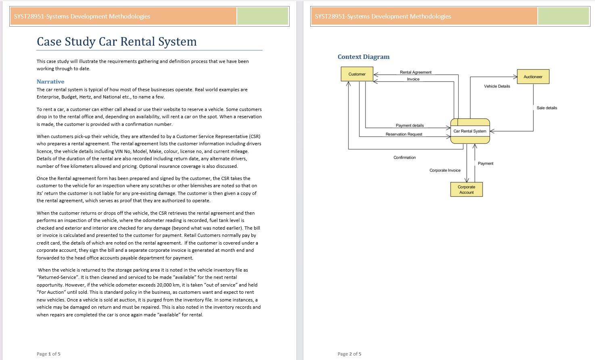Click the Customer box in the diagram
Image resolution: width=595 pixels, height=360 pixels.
pyautogui.click(x=357, y=74)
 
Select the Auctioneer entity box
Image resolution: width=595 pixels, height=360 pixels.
pyautogui.click(x=533, y=77)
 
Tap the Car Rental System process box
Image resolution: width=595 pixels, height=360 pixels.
pyautogui.click(x=470, y=131)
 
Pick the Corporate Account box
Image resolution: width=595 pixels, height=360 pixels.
pyautogui.click(x=466, y=190)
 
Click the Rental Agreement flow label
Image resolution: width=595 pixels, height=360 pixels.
pyautogui.click(x=415, y=72)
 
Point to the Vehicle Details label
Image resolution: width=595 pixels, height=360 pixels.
pyautogui.click(x=497, y=86)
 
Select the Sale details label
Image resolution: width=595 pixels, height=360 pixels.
pyautogui.click(x=547, y=108)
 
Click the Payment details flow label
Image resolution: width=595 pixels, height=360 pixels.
pyautogui.click(x=409, y=126)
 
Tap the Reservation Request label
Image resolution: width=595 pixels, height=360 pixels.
pyautogui.click(x=404, y=134)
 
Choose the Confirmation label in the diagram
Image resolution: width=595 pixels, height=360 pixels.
pyautogui.click(x=405, y=157)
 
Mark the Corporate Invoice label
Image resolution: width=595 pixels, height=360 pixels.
pyautogui.click(x=445, y=170)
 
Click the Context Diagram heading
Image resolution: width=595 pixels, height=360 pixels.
pyautogui.click(x=363, y=57)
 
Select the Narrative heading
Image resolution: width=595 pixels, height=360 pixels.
pyautogui.click(x=50, y=82)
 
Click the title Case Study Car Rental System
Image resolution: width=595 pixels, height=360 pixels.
pyautogui.click(x=117, y=42)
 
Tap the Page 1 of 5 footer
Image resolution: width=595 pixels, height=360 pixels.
pyautogui.click(x=48, y=354)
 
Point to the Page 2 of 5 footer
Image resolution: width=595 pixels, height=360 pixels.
pyautogui.click(x=349, y=354)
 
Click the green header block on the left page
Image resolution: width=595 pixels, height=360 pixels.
pyautogui.click(x=263, y=17)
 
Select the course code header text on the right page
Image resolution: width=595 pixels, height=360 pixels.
pyautogui.click(x=383, y=17)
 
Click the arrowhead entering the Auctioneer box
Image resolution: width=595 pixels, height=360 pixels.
pyautogui.click(x=515, y=77)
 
